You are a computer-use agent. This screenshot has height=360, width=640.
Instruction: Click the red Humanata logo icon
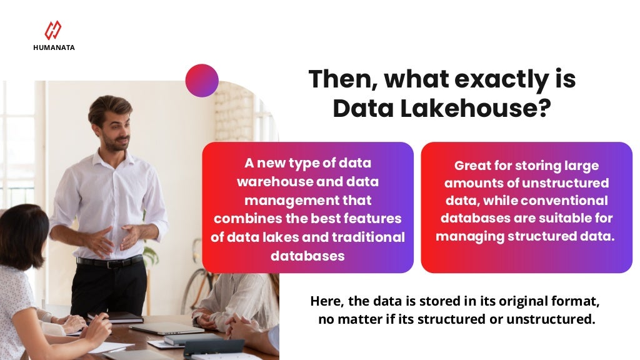(x=53, y=30)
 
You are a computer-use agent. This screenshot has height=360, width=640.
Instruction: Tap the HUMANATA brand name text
(x=54, y=47)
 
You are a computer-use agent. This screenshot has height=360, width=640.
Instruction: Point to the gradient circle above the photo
(x=202, y=81)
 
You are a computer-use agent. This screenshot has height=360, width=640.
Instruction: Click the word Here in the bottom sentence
(x=326, y=301)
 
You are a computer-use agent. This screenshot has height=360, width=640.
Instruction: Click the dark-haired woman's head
(x=22, y=228)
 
